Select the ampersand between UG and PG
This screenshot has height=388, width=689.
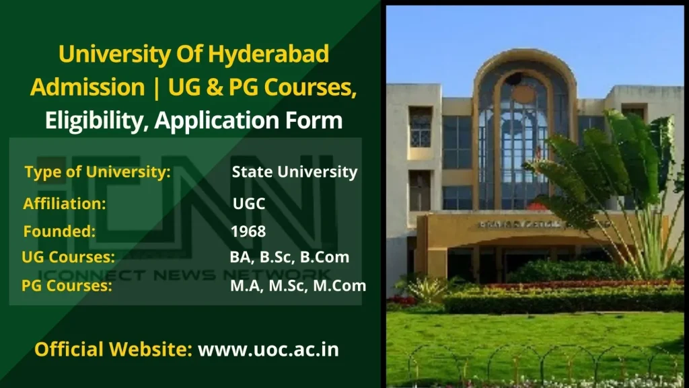(x=213, y=87)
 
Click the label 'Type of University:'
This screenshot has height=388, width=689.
(x=98, y=172)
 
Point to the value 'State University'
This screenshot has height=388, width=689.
(x=295, y=171)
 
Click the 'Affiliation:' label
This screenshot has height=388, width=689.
(x=65, y=204)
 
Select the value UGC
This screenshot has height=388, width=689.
(x=249, y=204)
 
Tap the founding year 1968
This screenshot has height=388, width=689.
(x=248, y=231)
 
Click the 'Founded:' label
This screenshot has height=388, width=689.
(x=59, y=231)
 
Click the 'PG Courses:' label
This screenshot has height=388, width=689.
(x=67, y=286)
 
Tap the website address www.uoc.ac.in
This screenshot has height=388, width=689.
(x=268, y=350)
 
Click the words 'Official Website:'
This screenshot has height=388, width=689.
(x=113, y=350)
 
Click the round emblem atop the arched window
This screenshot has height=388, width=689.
(x=523, y=94)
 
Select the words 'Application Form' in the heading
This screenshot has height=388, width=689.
(x=248, y=120)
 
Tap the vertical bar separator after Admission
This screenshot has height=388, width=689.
(x=156, y=87)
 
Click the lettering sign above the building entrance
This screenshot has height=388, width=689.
(x=521, y=225)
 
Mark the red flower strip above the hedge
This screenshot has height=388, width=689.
(x=585, y=284)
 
